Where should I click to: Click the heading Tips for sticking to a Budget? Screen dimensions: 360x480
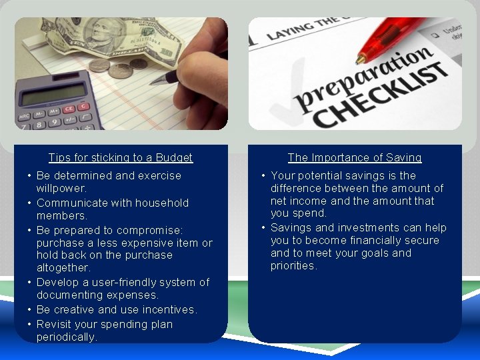pyautogui.click(x=121, y=158)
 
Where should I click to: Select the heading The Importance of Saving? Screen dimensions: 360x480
pyautogui.click(x=355, y=158)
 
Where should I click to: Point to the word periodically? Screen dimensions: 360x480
pyautogui.click(x=66, y=337)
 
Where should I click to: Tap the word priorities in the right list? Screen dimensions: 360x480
pyautogui.click(x=293, y=265)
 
